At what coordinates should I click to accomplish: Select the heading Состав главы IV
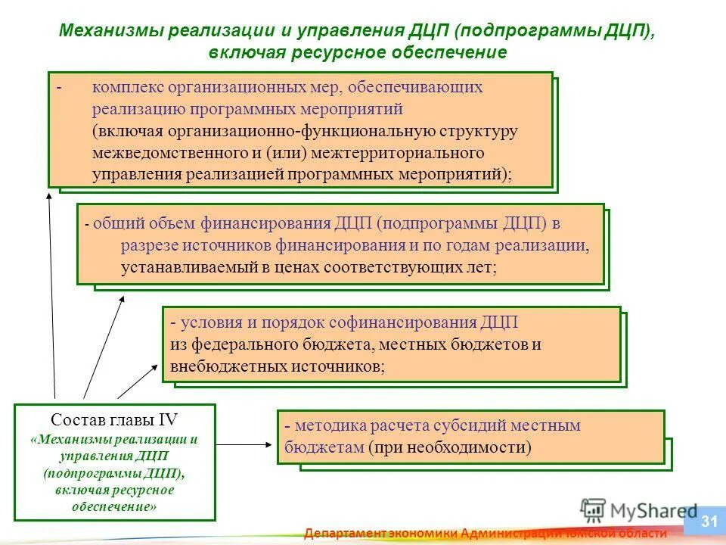114,419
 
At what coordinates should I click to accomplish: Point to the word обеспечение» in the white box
114,506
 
